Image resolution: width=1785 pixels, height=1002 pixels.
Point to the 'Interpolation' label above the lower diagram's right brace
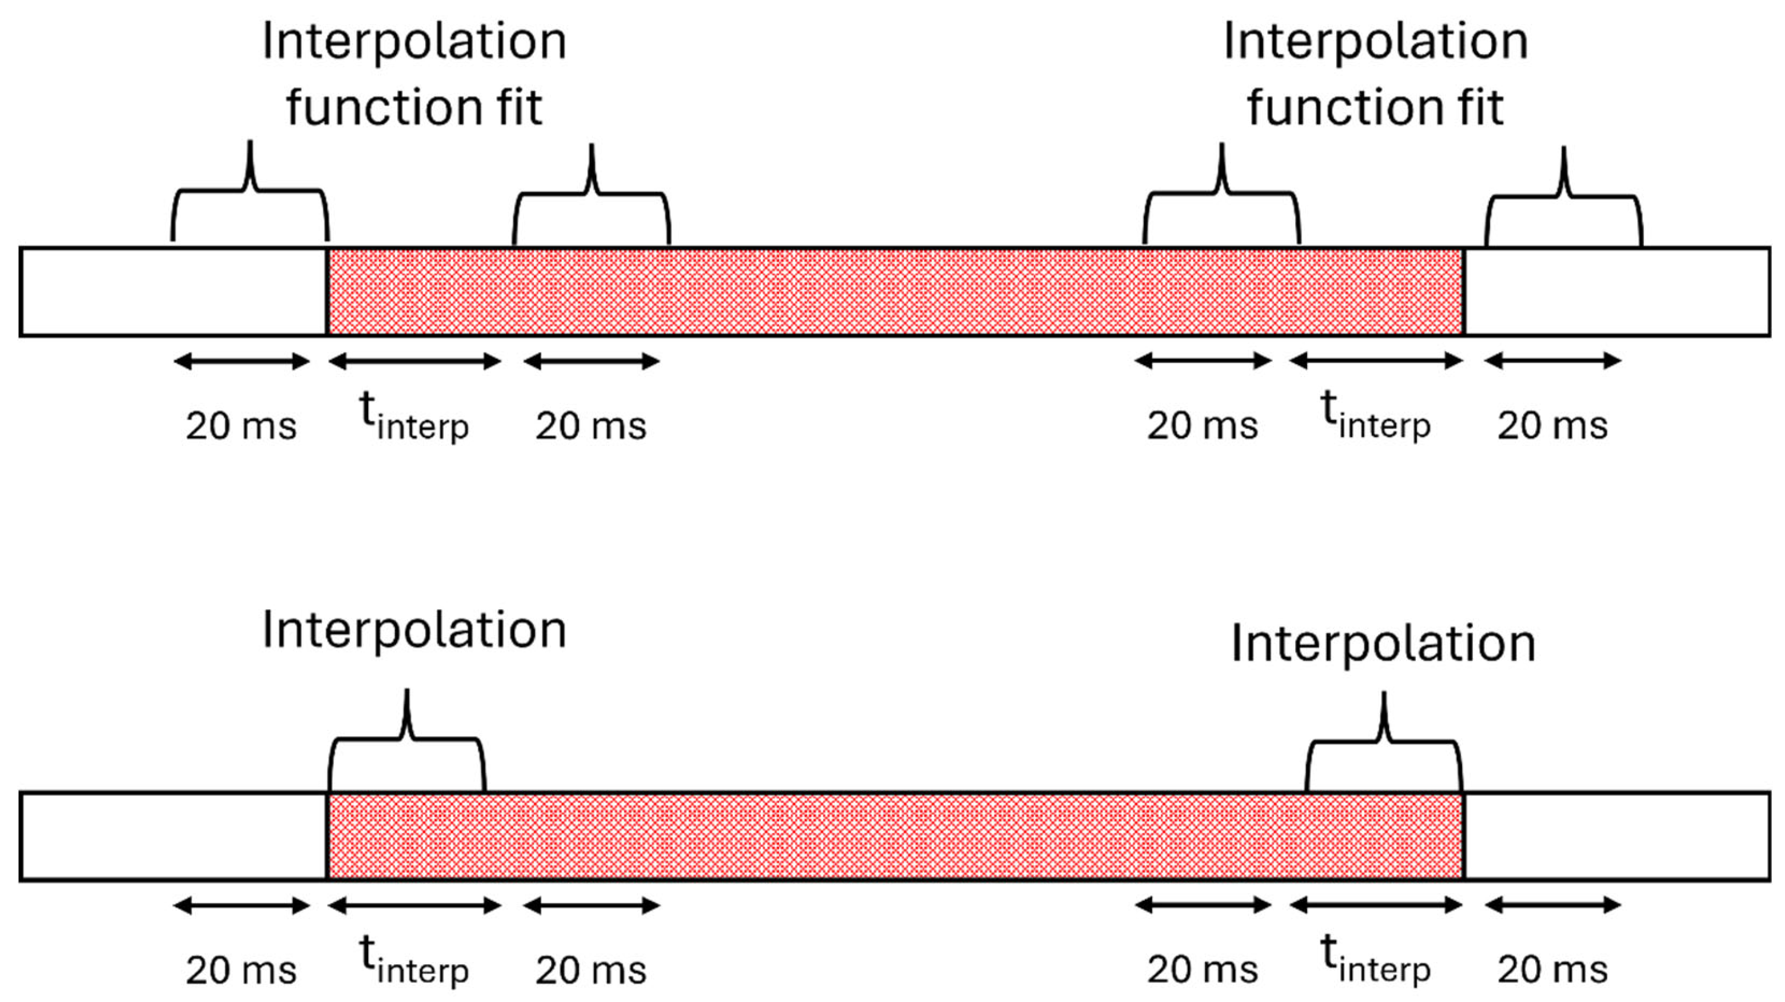tap(1383, 644)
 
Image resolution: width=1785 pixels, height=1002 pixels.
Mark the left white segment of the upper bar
tap(173, 291)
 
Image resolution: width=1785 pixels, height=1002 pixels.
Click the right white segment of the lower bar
tap(1616, 836)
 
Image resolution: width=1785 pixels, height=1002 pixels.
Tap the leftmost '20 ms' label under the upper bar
tap(241, 425)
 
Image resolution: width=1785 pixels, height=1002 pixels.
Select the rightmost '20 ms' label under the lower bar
tap(1553, 969)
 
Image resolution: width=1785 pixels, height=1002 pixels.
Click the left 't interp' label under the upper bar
tap(414, 416)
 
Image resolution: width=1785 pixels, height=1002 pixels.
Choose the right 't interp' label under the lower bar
tap(1376, 960)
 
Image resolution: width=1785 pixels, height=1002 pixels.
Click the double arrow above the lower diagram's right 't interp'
tap(1376, 905)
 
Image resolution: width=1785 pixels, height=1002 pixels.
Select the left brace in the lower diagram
tap(408, 741)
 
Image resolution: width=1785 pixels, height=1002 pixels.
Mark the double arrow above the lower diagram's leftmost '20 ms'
tap(241, 905)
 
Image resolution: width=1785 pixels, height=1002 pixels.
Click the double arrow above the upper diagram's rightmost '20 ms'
tap(1553, 360)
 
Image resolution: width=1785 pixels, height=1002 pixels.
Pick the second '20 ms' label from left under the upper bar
tap(591, 425)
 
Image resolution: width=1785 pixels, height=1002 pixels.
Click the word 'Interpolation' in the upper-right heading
tap(1376, 42)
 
